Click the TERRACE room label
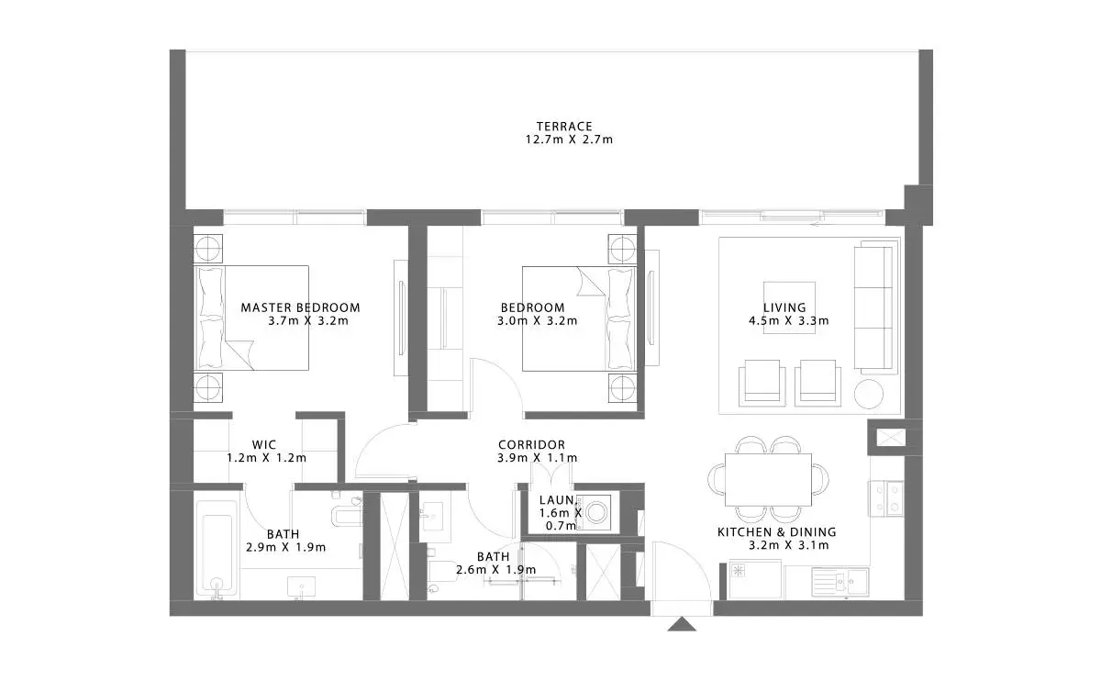(564, 127)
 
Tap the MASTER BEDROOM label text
(300, 307)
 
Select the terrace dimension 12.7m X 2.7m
(569, 140)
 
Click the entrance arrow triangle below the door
(682, 624)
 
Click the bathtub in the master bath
(217, 550)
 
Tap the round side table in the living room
(869, 394)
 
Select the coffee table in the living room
(789, 307)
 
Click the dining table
(768, 479)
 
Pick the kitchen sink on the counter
(840, 582)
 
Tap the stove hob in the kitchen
(886, 498)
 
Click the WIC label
(264, 445)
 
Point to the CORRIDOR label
(532, 445)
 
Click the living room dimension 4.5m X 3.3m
(789, 321)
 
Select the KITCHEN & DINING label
(777, 532)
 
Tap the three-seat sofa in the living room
(873, 307)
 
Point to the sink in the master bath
(301, 587)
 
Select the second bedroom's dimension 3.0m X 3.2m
(538, 321)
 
